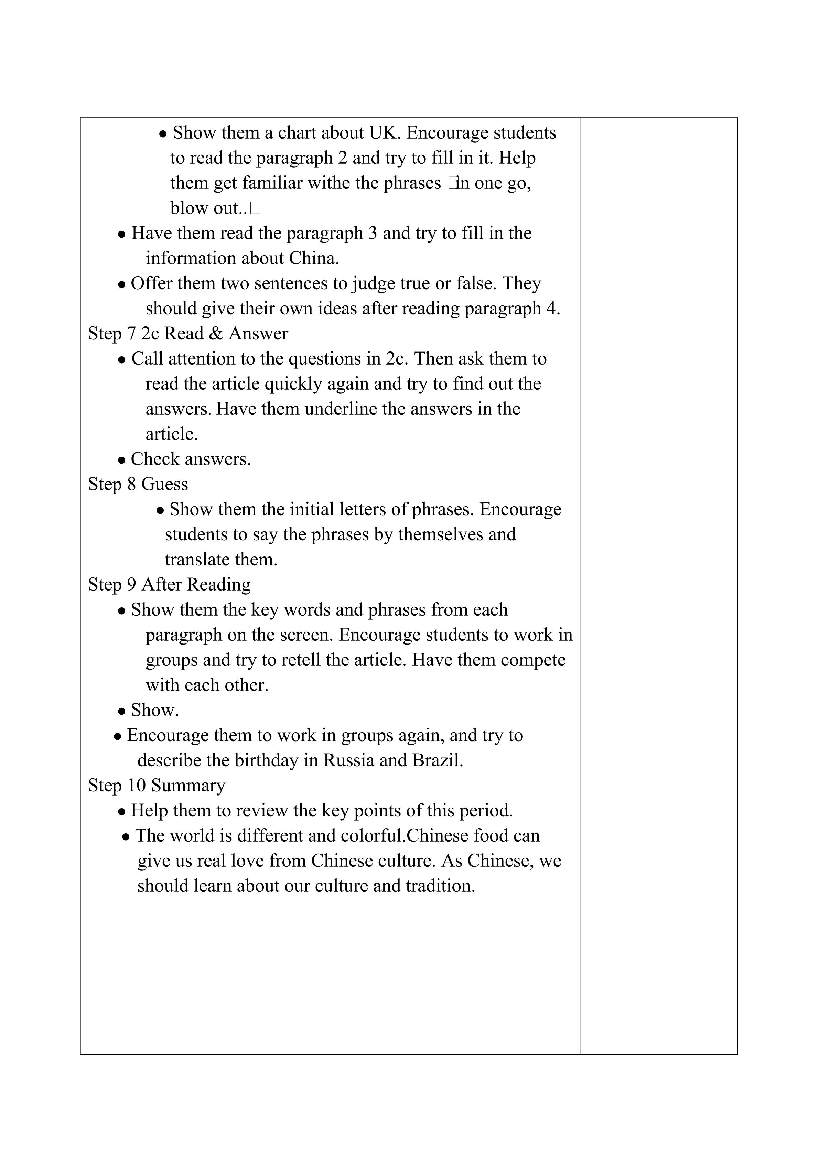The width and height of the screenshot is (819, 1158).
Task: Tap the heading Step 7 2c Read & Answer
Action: point(188,334)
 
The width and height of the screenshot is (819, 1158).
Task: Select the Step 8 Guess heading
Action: point(138,484)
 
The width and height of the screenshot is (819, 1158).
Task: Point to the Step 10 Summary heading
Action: point(157,785)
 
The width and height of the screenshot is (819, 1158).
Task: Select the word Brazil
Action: point(437,760)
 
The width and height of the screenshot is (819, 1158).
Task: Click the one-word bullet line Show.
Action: point(154,710)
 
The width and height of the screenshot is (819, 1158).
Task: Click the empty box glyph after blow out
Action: point(255,208)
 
